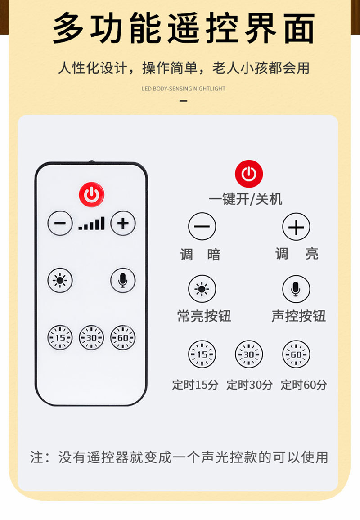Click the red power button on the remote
tap(91, 194)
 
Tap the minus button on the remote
tap(60, 223)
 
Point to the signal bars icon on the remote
tap(91, 224)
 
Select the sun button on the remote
tap(60, 280)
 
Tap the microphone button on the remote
tap(123, 280)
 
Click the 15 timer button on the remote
tap(60, 337)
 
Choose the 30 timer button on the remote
tap(91, 337)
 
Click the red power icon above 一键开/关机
tap(249, 174)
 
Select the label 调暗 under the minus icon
tap(201, 255)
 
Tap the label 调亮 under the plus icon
tap(297, 254)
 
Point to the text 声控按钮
tap(298, 316)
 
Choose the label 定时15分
tap(195, 385)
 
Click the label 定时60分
tap(304, 385)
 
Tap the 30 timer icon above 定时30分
tap(249, 354)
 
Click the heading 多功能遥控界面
tap(183, 29)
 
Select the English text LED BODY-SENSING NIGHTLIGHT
tap(183, 89)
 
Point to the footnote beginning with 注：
tap(179, 457)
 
